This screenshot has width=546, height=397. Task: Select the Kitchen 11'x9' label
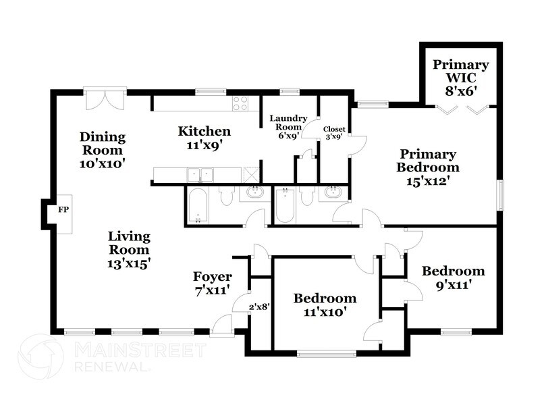pos(204,137)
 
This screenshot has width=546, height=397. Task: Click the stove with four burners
pos(240,103)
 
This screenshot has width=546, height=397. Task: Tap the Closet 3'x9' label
pos(334,133)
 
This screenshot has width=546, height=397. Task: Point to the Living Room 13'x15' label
pos(129,250)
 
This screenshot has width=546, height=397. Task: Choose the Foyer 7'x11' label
pos(212,283)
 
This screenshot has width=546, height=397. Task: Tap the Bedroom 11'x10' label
pos(324,305)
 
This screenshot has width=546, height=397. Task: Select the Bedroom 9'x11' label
pos(453,277)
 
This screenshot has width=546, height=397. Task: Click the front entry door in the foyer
pos(222,325)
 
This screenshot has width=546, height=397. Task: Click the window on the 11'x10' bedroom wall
pos(326,352)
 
